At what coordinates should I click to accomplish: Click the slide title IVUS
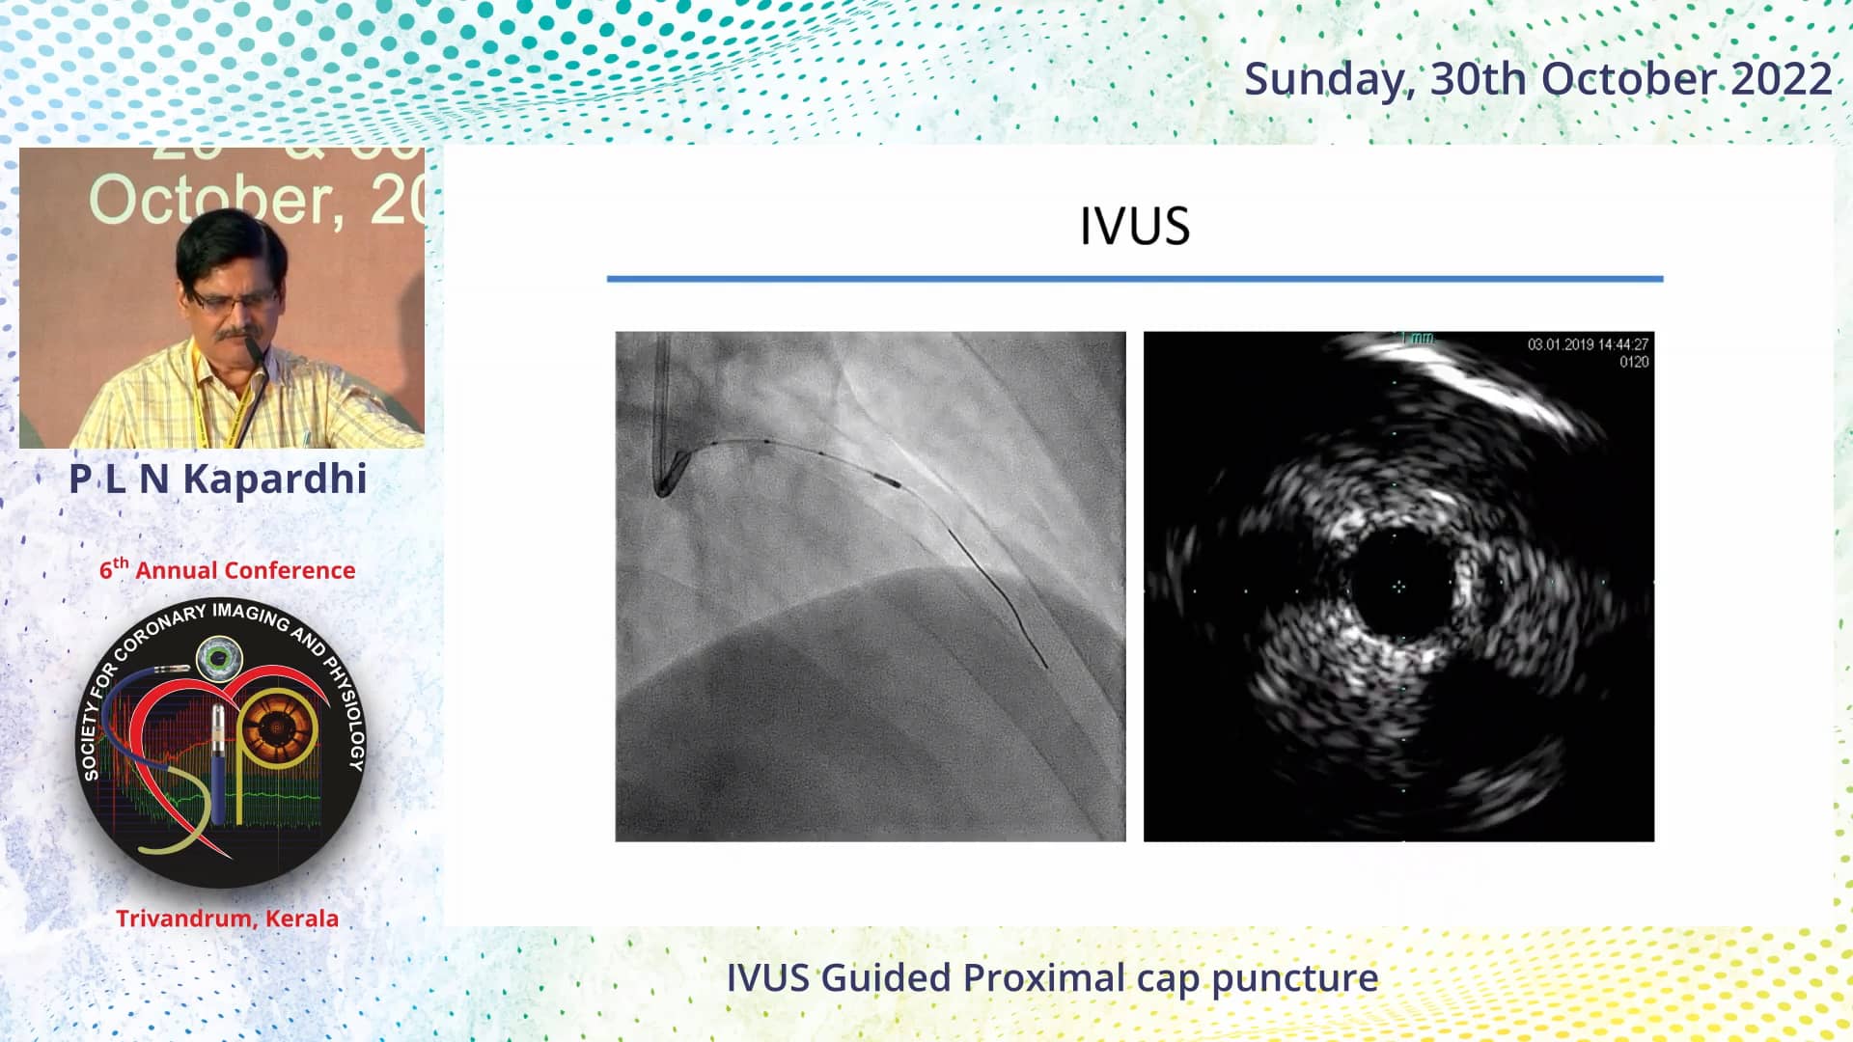1134,227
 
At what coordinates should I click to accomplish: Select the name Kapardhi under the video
275,479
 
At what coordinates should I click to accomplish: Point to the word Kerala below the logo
302,919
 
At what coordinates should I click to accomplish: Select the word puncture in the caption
1295,979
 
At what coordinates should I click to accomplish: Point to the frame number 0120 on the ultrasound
1634,363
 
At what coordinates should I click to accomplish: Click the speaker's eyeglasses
232,300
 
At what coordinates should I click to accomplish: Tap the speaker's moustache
237,335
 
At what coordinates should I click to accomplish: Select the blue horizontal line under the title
1134,279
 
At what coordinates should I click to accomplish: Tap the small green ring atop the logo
220,659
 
